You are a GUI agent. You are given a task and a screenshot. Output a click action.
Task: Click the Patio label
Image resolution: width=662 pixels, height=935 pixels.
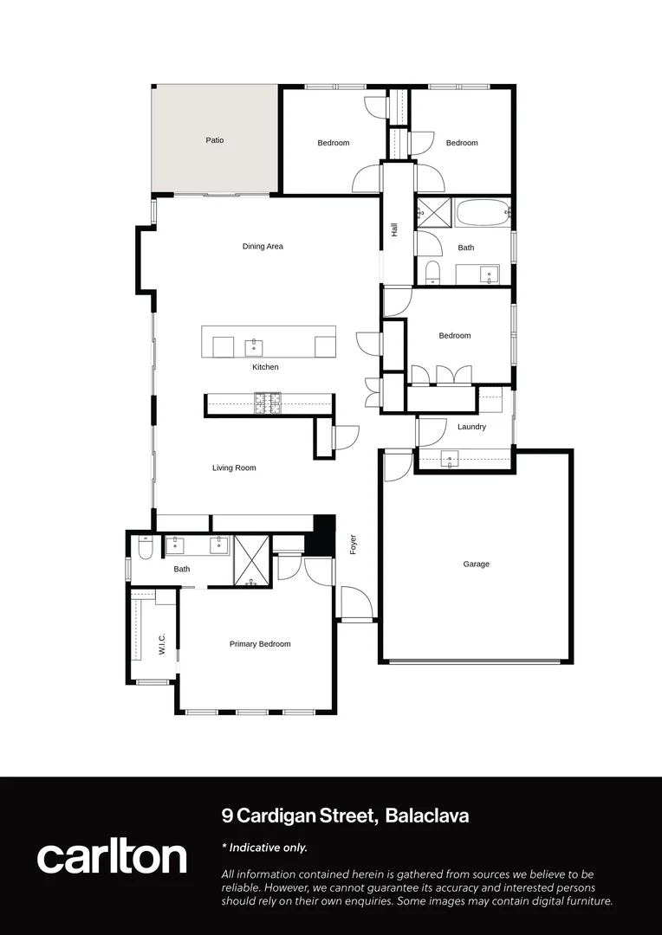(x=215, y=139)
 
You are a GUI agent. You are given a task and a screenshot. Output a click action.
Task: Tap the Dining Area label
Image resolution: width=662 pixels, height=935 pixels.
(x=263, y=247)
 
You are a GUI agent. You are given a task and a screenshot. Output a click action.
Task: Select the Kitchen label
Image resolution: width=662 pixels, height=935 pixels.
(x=265, y=367)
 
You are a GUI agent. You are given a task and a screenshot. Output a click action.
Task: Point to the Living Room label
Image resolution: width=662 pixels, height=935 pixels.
(x=234, y=468)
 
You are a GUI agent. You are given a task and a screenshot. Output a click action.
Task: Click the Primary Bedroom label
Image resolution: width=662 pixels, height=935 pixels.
(x=260, y=644)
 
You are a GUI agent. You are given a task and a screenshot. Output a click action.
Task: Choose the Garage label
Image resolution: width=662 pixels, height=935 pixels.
(x=476, y=564)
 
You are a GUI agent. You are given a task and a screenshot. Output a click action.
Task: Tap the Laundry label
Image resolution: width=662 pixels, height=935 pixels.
(x=471, y=427)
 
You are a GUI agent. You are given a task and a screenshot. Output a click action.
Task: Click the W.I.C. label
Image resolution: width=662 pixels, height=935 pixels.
(x=162, y=643)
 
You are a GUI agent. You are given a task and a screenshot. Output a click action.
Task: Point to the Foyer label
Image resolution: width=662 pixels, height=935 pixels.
(x=354, y=544)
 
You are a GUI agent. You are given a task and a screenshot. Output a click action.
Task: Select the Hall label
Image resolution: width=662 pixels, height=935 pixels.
(x=394, y=230)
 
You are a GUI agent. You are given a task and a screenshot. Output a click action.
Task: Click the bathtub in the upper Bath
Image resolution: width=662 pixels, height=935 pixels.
(x=483, y=213)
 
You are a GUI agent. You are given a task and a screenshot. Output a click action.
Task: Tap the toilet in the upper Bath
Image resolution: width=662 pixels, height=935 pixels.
(x=433, y=273)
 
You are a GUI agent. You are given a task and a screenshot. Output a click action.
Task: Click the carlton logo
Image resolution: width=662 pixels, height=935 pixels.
(x=112, y=856)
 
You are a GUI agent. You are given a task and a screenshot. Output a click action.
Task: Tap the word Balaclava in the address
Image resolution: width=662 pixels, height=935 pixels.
(x=427, y=816)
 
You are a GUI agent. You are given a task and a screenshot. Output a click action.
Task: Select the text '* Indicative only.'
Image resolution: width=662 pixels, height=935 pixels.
(x=264, y=848)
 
